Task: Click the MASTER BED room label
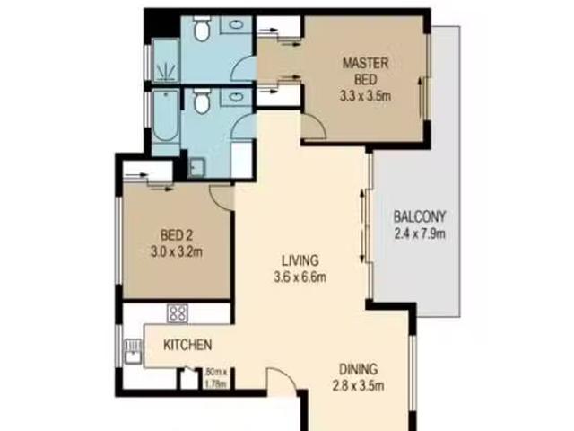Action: [x=365, y=72]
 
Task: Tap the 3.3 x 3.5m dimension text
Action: [x=365, y=96]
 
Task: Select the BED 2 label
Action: [x=177, y=235]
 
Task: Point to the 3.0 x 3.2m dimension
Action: [x=177, y=252]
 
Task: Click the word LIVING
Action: [x=300, y=260]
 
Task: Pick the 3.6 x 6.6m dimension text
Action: [x=300, y=277]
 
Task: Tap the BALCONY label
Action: [x=420, y=216]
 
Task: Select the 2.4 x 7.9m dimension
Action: [x=420, y=233]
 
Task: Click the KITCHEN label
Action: [x=187, y=345]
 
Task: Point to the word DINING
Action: [x=358, y=369]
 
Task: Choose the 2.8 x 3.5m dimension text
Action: [x=358, y=386]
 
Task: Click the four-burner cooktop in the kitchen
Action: [x=178, y=313]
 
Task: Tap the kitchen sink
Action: [x=133, y=351]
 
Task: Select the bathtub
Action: [x=165, y=116]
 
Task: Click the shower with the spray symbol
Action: [x=165, y=59]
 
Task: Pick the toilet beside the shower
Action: [x=201, y=29]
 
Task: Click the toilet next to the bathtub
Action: [x=201, y=101]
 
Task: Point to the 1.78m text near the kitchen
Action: [x=216, y=383]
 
